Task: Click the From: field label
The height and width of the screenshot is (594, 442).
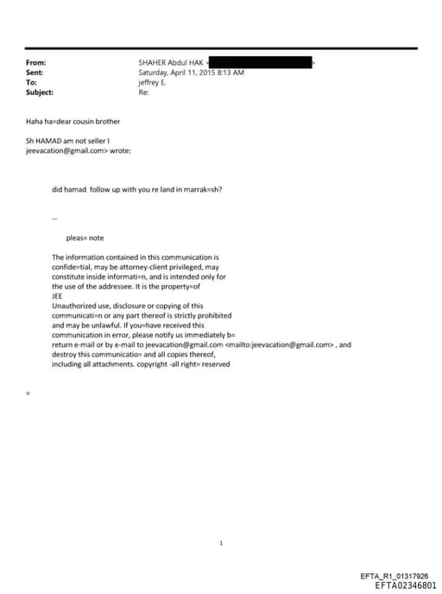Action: pos(35,63)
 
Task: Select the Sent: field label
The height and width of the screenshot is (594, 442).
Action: pos(35,73)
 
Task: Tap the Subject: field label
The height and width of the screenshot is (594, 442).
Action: pos(40,92)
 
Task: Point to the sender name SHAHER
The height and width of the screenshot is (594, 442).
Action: pos(153,63)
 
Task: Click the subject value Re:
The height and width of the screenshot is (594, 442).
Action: pos(143,92)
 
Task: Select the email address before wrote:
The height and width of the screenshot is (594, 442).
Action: pos(66,150)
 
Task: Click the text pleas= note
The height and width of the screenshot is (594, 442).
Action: pos(85,237)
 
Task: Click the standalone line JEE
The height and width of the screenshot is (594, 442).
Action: pos(58,295)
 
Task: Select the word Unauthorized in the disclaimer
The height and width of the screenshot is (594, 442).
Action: pos(74,306)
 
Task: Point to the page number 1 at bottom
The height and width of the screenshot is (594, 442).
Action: pos(221,543)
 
